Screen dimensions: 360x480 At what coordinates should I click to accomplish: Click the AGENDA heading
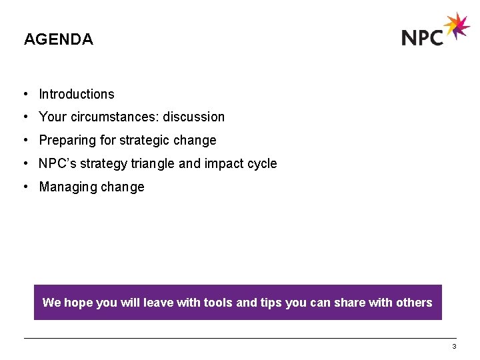59,39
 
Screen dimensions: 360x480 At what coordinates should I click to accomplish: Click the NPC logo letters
423,37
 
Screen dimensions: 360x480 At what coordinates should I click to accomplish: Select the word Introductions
77,94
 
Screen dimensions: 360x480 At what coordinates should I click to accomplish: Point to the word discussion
194,117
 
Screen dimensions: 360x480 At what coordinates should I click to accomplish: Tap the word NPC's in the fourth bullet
57,163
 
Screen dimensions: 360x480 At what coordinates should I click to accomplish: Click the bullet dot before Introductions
24,94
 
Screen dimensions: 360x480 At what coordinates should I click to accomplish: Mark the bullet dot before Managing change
24,187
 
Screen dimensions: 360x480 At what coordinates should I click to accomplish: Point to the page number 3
454,347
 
